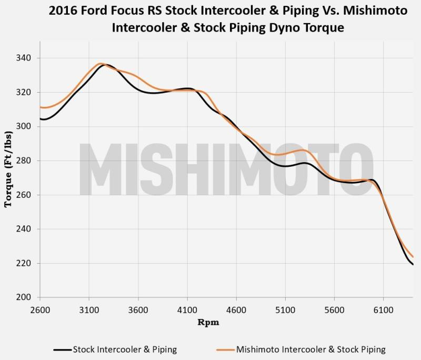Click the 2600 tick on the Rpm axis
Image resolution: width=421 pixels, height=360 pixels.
point(41,310)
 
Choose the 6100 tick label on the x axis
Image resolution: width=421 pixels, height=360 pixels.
point(383,310)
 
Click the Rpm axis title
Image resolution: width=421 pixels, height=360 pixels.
point(208,323)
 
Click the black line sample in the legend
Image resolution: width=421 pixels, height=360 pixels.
point(62,349)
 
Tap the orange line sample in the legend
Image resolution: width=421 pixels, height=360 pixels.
point(225,349)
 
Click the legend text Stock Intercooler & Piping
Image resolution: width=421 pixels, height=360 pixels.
point(125,349)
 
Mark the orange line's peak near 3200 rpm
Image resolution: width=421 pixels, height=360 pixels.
point(101,63)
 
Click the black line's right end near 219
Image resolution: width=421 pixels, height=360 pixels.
point(413,264)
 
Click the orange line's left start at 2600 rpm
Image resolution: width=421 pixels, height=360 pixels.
point(41,107)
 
